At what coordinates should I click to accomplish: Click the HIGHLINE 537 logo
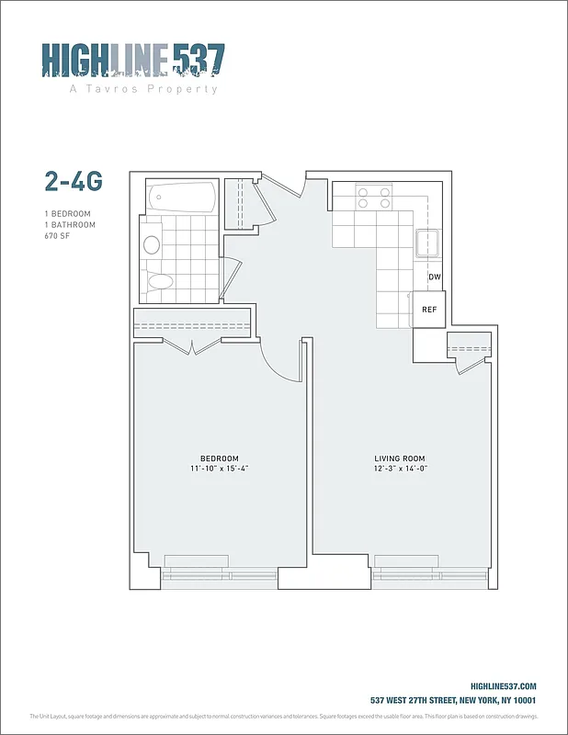coord(133,61)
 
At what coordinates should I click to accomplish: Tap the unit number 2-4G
coord(73,181)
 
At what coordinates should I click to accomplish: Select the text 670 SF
coord(58,236)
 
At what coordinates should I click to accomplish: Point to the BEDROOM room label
coord(220,458)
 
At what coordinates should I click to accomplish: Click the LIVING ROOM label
coord(399,458)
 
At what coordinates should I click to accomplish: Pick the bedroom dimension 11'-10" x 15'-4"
coord(220,469)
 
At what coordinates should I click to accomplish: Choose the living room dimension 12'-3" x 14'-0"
coord(399,469)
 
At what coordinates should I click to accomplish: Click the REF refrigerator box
coord(429,310)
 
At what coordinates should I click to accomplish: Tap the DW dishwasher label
coord(435,277)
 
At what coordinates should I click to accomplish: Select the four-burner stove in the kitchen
coord(374,198)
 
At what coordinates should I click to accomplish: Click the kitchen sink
coord(429,244)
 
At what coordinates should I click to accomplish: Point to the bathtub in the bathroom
coord(182,197)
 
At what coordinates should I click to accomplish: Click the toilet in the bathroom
coord(160,282)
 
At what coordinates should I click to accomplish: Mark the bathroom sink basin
coord(152,244)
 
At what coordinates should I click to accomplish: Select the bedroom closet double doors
coord(191,346)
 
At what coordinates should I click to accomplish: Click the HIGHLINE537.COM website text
coord(503,686)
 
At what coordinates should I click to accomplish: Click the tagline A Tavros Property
coord(143,89)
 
